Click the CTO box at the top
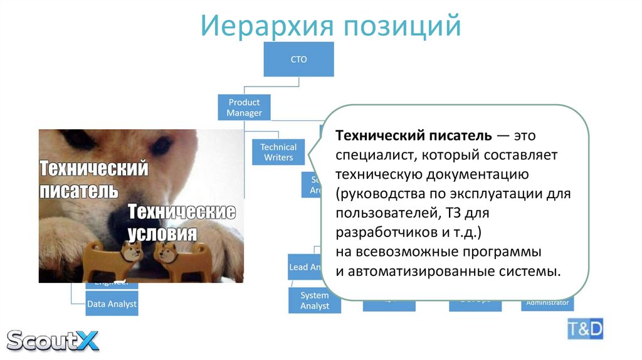click(298, 60)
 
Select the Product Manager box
click(244, 107)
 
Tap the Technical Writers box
click(278, 152)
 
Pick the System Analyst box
click(314, 300)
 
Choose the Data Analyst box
click(112, 304)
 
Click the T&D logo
click(585, 329)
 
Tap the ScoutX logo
click(53, 340)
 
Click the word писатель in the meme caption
click(78, 190)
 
